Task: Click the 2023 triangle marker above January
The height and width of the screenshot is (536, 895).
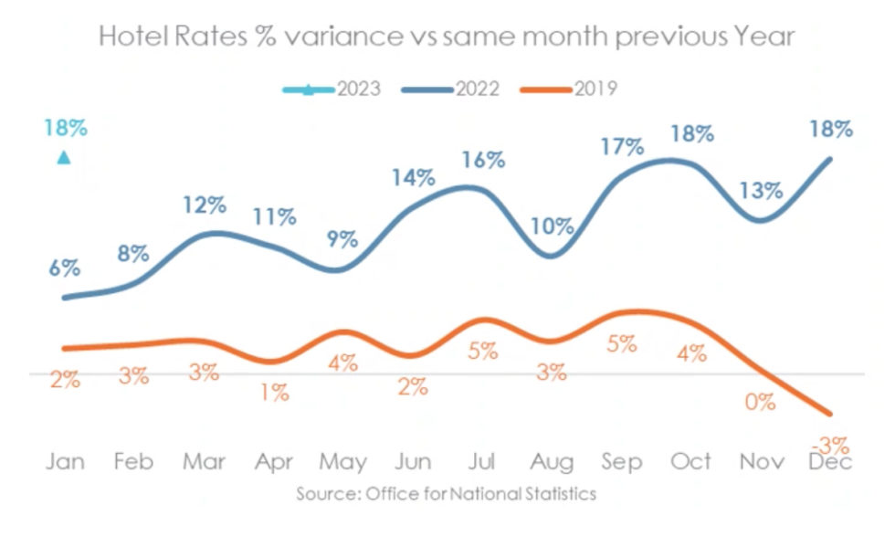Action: (x=63, y=158)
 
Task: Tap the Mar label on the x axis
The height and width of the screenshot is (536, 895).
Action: (x=204, y=462)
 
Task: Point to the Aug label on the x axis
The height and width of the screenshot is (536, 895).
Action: (x=552, y=462)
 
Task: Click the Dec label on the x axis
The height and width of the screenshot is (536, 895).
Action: (x=830, y=462)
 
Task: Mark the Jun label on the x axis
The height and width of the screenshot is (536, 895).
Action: (x=412, y=462)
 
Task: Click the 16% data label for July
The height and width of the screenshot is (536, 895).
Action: (x=483, y=160)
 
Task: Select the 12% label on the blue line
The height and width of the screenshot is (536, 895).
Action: (x=204, y=205)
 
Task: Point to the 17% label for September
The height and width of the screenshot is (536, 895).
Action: (x=622, y=146)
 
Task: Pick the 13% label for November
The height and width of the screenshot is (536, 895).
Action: (x=761, y=191)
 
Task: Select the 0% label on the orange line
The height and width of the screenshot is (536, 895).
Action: (x=759, y=402)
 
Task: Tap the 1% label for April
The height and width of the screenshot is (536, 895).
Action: (x=273, y=393)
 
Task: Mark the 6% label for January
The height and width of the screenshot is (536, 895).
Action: (x=64, y=268)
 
